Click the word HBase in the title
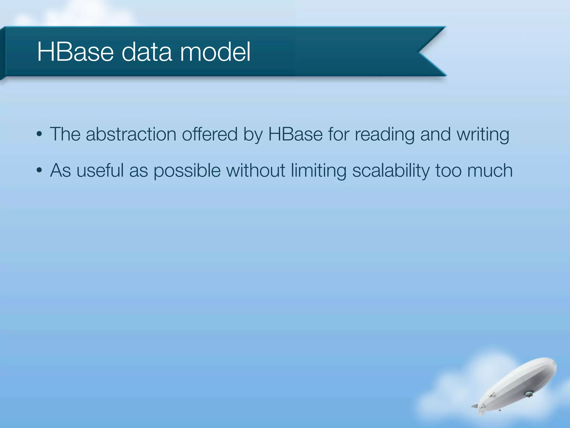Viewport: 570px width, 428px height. [x=75, y=52]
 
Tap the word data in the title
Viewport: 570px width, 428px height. [x=147, y=52]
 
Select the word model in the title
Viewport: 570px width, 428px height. [x=215, y=52]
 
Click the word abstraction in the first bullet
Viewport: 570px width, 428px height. [x=131, y=134]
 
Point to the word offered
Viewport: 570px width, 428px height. [x=210, y=134]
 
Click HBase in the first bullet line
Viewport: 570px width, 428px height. [x=295, y=134]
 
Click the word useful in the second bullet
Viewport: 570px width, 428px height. [x=100, y=170]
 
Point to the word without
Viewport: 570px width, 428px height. [x=255, y=170]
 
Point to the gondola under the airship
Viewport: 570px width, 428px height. [x=528, y=394]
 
